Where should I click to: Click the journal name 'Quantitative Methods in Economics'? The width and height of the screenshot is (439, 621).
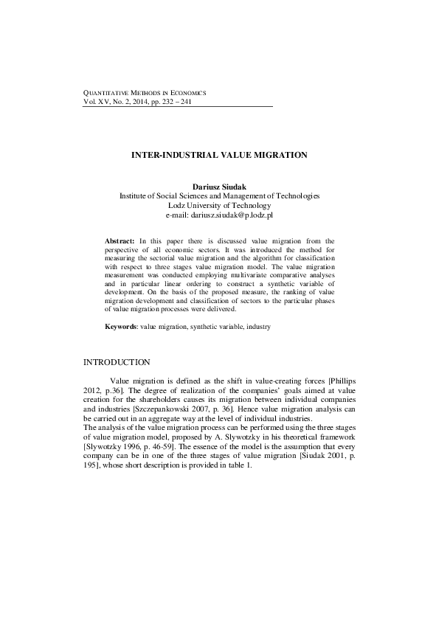point(144,93)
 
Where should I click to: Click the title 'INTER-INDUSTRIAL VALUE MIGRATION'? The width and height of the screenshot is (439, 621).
point(219,156)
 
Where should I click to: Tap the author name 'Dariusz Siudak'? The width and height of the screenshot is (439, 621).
point(219,187)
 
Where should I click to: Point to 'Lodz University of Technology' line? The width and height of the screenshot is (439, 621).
point(219,206)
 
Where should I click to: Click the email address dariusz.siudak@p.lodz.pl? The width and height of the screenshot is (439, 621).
point(219,215)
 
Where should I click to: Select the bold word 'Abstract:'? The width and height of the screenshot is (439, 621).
point(120,241)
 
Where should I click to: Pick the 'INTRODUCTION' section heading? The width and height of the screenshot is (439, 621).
point(117,362)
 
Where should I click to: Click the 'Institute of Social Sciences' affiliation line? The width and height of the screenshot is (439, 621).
point(219,196)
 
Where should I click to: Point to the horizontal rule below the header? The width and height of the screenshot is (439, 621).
point(177,106)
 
